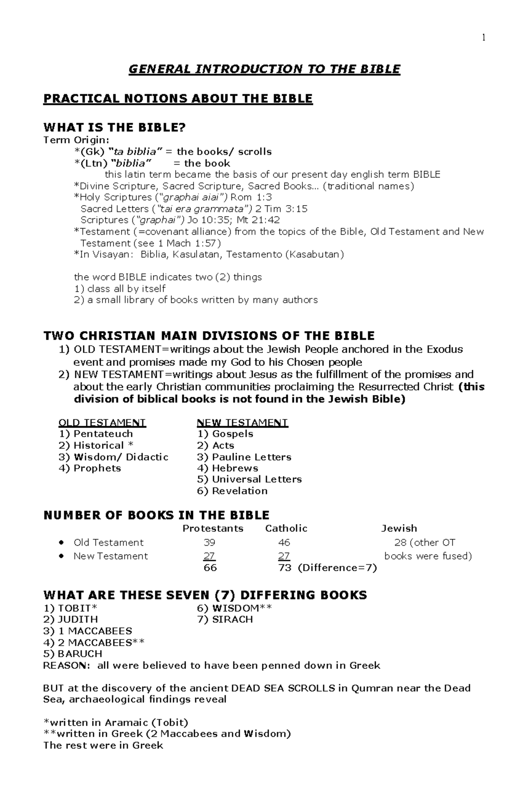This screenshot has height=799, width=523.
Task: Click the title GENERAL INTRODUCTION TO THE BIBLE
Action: click(x=264, y=69)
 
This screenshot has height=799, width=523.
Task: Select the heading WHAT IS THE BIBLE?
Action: click(x=115, y=128)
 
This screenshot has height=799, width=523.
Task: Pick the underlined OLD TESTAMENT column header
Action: click(x=102, y=422)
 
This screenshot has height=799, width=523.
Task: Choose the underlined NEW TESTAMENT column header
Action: click(x=242, y=422)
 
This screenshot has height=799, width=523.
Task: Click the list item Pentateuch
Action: click(x=103, y=434)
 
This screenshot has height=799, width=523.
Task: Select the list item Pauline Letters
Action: click(x=251, y=457)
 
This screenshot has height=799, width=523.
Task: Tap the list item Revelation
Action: click(x=240, y=491)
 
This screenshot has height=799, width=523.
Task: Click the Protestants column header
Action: click(x=213, y=528)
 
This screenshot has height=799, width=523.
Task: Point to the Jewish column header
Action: click(x=399, y=528)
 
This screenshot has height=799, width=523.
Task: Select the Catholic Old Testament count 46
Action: click(x=284, y=543)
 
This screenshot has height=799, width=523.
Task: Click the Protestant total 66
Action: click(x=210, y=568)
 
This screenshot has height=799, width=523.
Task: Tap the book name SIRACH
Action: click(x=232, y=619)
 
